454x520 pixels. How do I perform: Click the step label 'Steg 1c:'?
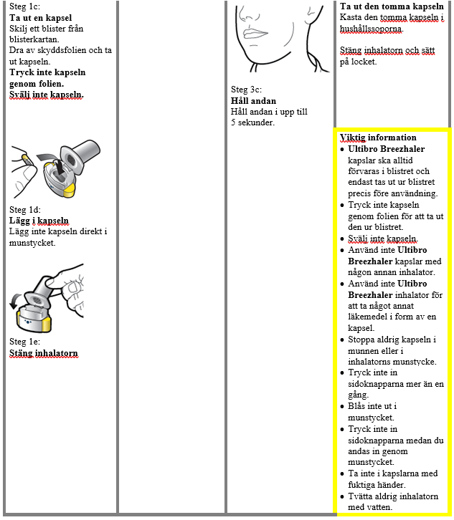[26, 7]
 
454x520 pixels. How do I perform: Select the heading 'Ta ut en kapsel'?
[42, 17]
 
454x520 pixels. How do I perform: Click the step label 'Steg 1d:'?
[25, 210]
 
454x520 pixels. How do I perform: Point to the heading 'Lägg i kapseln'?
[39, 221]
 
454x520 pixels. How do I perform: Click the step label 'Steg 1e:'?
[25, 342]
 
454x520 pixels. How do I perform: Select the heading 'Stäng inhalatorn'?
[43, 353]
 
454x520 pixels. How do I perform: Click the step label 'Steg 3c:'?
[247, 90]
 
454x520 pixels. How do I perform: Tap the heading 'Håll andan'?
[253, 101]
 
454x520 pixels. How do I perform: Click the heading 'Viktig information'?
[378, 138]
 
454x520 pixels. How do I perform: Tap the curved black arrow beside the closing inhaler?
[16, 302]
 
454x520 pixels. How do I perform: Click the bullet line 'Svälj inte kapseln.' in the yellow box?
[382, 239]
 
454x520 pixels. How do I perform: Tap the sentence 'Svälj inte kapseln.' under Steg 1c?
[46, 94]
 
